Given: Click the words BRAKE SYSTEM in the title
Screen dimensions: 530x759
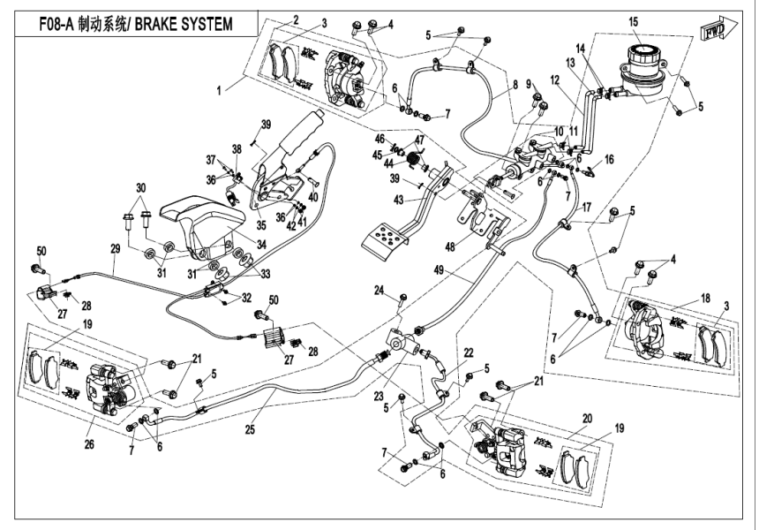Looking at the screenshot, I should [x=185, y=24].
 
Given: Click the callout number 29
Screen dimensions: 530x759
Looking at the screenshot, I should [x=114, y=250].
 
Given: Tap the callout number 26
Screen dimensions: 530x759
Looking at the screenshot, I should [x=87, y=443].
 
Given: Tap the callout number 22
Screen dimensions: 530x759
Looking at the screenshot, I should [x=470, y=352].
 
